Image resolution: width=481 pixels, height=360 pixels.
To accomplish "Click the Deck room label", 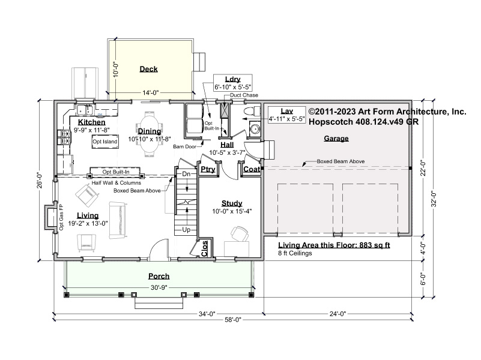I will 148,69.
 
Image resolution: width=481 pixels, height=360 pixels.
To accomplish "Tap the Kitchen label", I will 91,122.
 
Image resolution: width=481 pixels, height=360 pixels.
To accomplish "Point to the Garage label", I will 336,139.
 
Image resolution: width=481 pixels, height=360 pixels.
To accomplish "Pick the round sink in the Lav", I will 255,128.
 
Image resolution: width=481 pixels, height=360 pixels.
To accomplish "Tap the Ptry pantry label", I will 208,170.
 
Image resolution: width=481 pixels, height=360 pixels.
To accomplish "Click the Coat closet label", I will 252,170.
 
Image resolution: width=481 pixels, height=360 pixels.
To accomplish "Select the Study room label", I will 231,203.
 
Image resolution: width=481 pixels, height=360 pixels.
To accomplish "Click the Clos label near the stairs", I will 205,249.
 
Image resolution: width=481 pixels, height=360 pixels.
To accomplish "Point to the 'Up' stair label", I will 186,230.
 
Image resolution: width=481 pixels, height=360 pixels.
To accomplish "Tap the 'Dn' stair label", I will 186,173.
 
